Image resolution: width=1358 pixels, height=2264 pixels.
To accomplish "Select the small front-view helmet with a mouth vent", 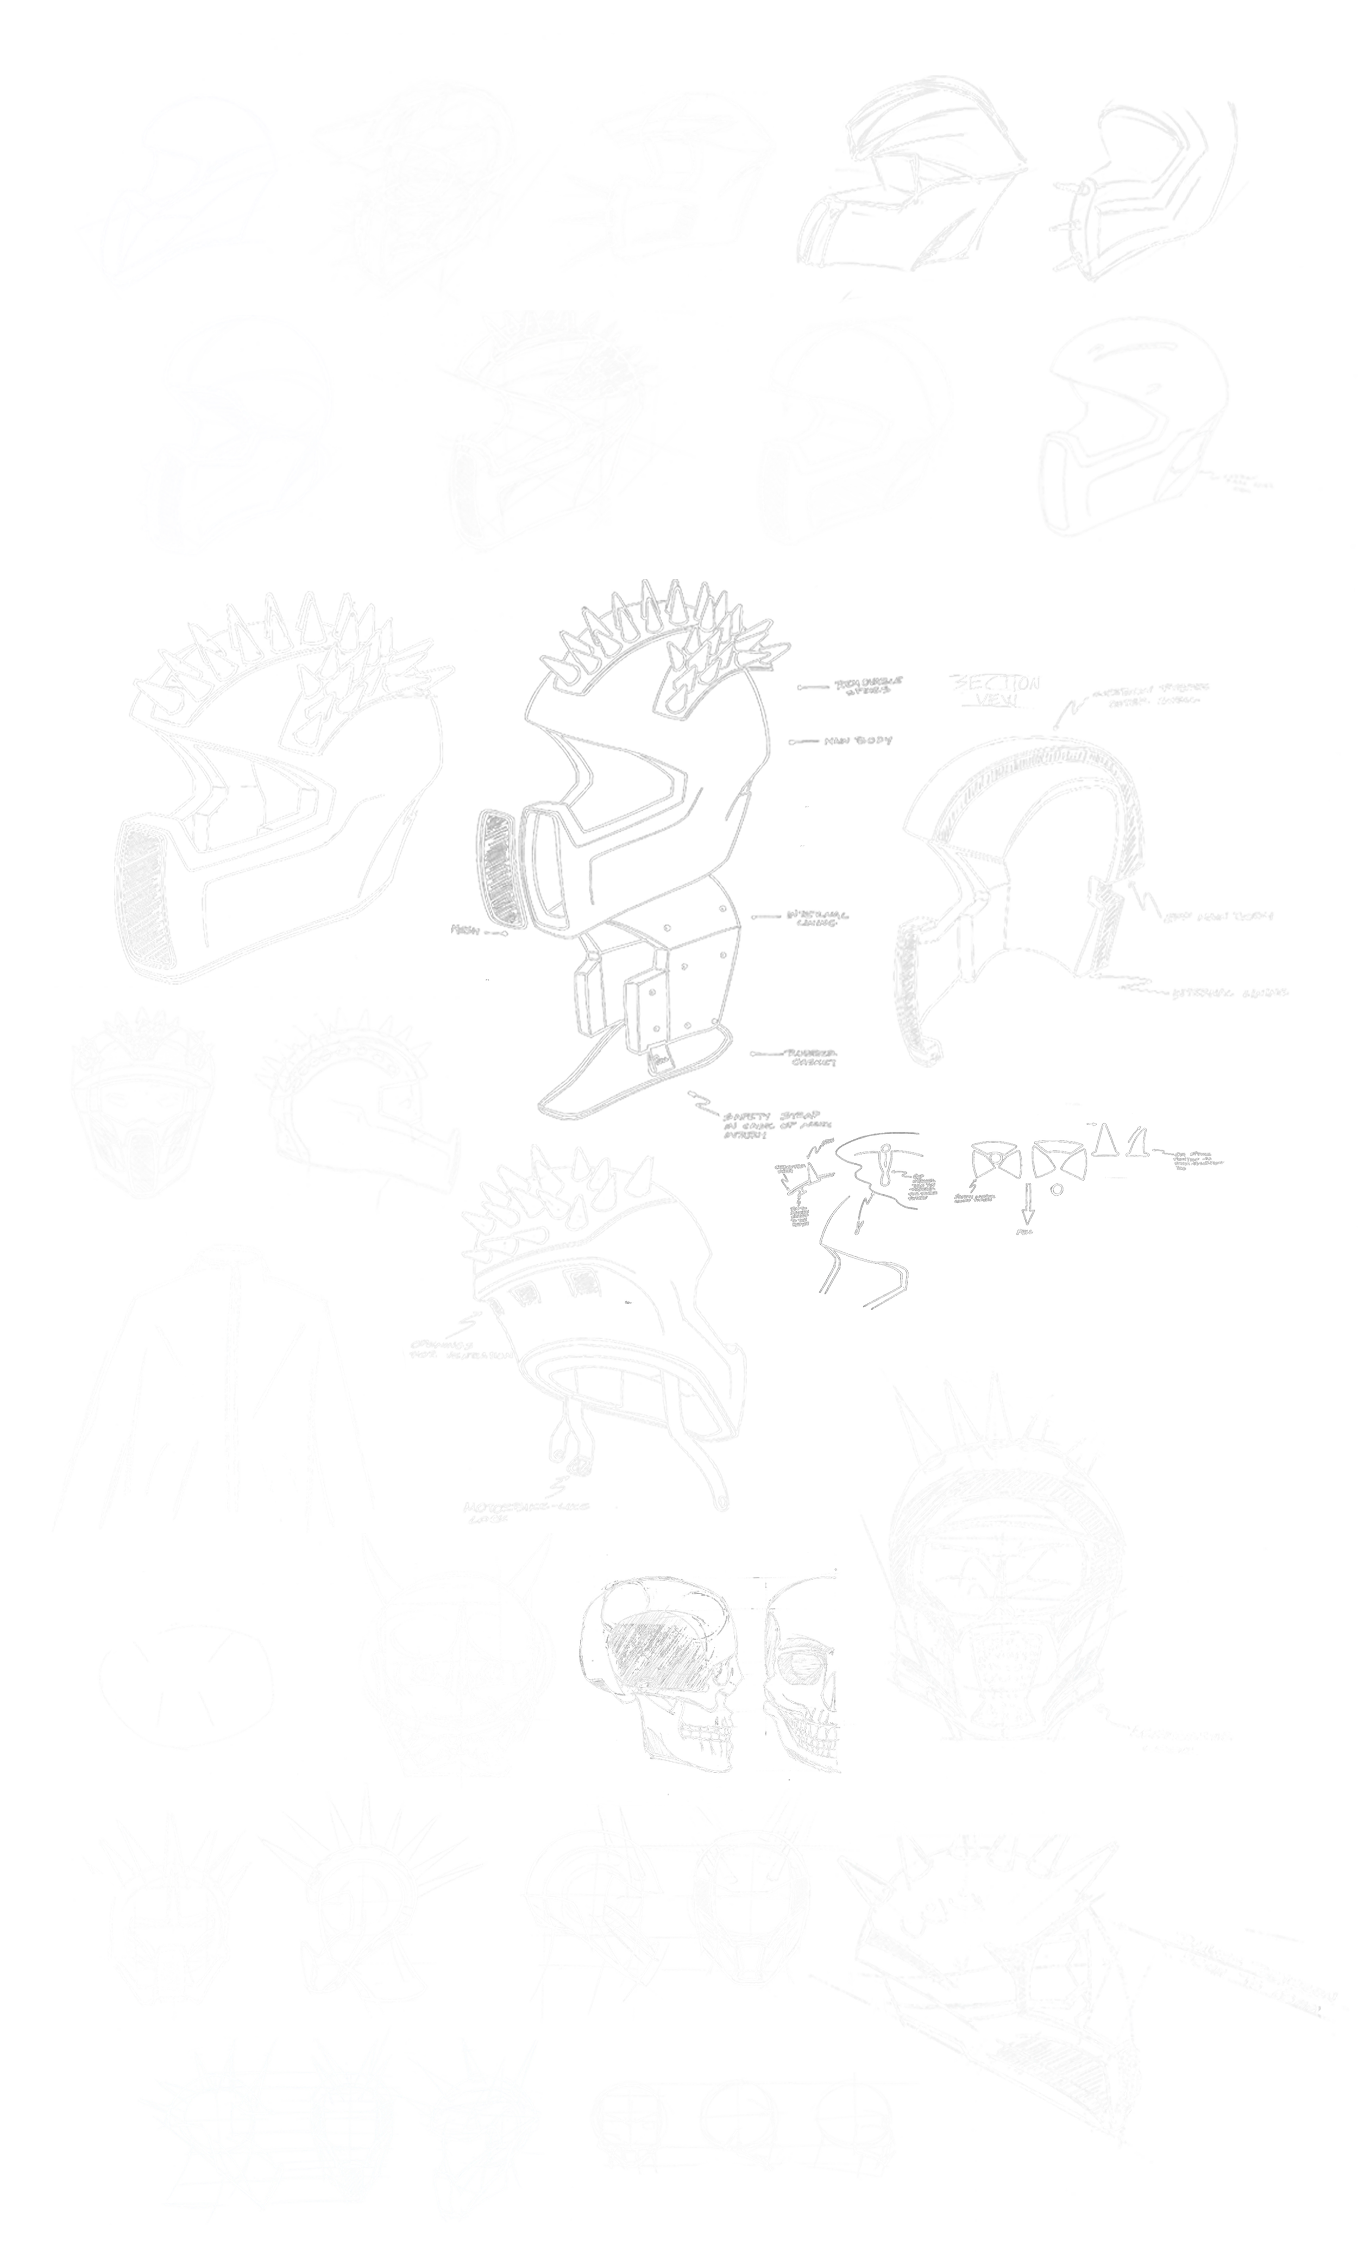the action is pyautogui.click(x=142, y=1103).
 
